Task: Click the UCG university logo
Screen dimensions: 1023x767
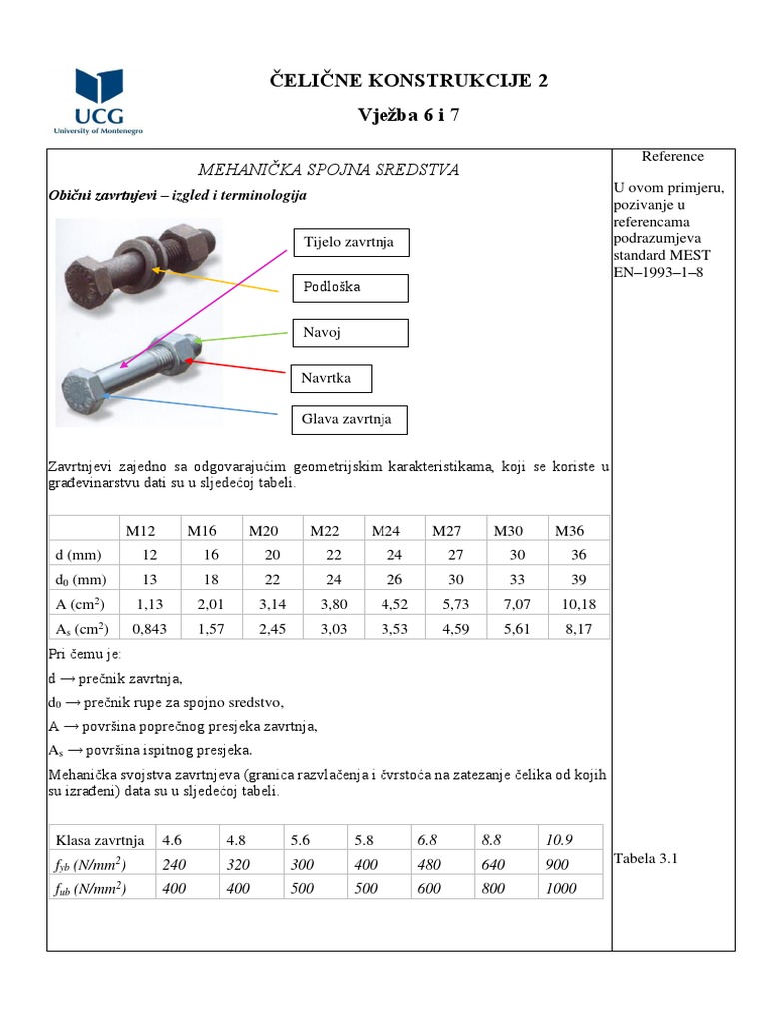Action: tap(99, 101)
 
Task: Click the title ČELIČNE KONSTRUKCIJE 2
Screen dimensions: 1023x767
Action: tap(409, 81)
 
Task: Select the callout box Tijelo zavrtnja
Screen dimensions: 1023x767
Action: tap(350, 243)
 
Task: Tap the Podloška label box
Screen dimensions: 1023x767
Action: tap(350, 288)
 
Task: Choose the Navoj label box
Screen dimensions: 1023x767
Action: tap(350, 332)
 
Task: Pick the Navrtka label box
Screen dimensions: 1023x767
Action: tap(334, 379)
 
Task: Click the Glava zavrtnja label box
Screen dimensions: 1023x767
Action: tap(350, 419)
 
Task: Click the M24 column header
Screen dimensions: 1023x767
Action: tap(387, 530)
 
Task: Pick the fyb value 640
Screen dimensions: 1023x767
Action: tap(493, 864)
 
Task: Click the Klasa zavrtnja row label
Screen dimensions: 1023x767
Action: tap(101, 839)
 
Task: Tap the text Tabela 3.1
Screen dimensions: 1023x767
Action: tap(646, 857)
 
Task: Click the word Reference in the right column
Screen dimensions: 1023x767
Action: tap(672, 157)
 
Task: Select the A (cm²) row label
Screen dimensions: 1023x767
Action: tap(80, 603)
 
